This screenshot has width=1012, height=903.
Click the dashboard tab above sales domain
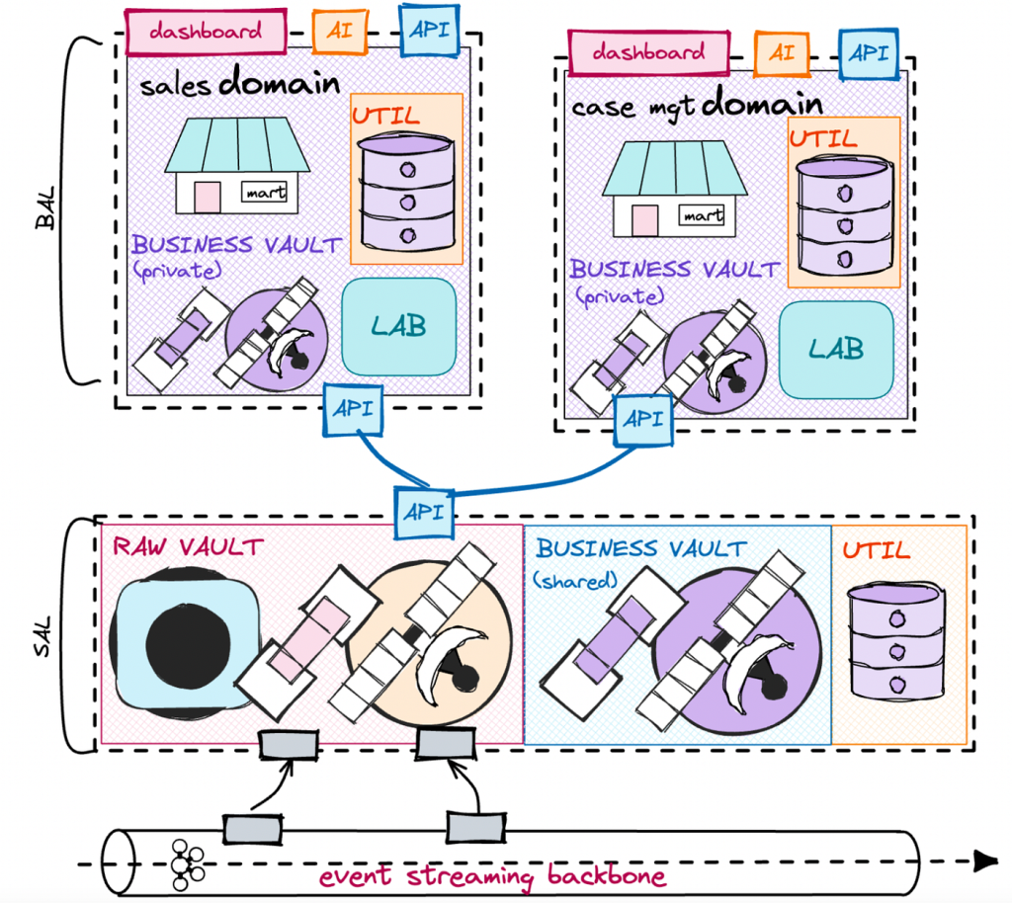tap(206, 30)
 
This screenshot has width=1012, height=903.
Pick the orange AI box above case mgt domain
tap(775, 52)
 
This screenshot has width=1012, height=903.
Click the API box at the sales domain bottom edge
tap(354, 407)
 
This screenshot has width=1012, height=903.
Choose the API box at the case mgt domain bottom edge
tap(643, 418)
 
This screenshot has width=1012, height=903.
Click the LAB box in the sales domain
tap(398, 326)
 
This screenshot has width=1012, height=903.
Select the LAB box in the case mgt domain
tap(836, 348)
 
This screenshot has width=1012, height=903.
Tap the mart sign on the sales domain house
tap(266, 193)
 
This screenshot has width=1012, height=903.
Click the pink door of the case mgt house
tap(644, 219)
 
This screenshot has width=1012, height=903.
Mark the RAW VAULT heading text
tap(188, 546)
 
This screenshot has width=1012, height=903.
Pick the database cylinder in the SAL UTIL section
tap(897, 642)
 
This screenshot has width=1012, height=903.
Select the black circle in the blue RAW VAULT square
tap(187, 643)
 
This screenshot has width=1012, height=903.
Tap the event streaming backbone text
tap(491, 876)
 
